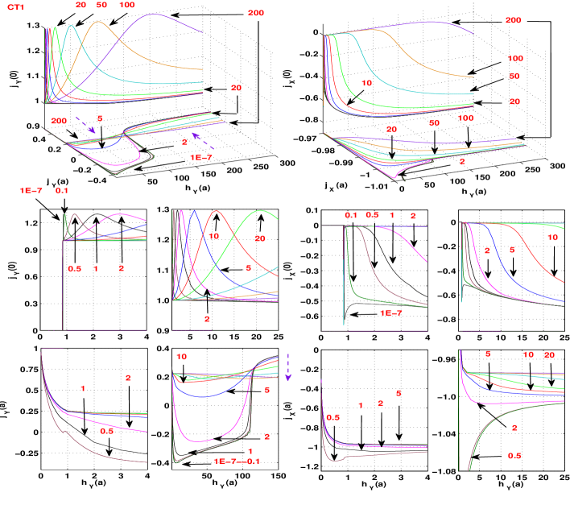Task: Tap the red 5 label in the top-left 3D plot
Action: pyautogui.click(x=100, y=118)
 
